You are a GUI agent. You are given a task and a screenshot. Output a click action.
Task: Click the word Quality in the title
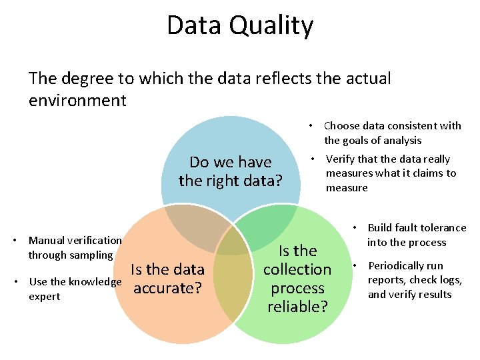(276, 26)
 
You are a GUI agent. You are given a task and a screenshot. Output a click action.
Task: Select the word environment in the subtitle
(77, 101)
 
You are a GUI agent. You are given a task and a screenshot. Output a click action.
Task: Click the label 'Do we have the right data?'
(231, 171)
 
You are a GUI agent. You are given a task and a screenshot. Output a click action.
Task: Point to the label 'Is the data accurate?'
(168, 279)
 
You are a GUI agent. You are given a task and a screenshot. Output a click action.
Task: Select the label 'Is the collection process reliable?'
(297, 279)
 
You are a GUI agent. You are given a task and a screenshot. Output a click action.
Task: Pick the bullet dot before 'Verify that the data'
(312, 159)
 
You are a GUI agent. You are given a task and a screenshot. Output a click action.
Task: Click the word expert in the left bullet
(44, 296)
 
